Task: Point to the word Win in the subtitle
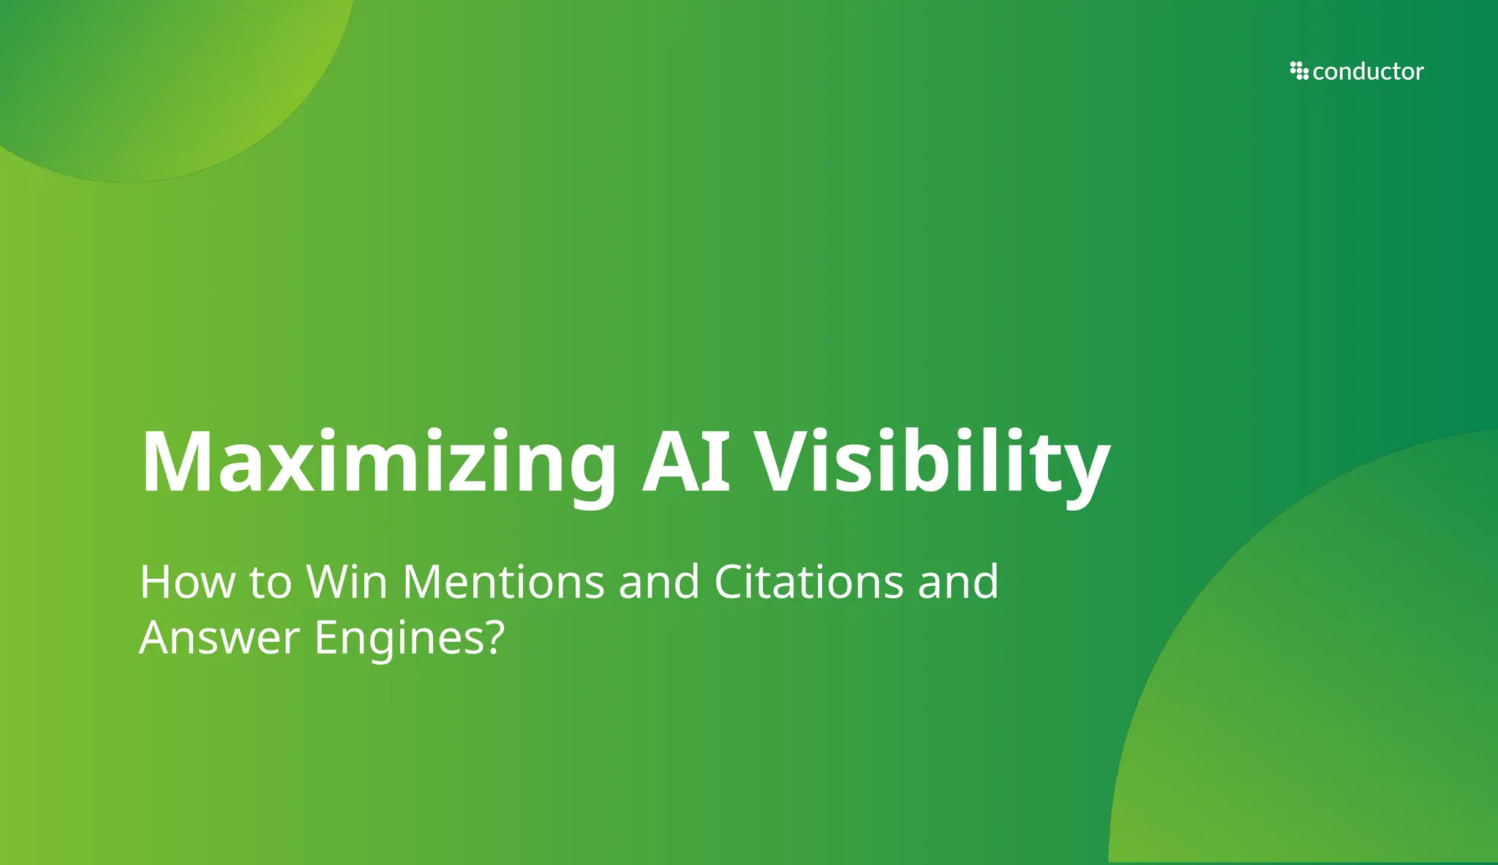[x=347, y=583]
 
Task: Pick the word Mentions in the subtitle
[x=504, y=583]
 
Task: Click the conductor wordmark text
[x=1368, y=72]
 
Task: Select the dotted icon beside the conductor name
[x=1299, y=71]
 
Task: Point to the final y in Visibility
[x=1085, y=472]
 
